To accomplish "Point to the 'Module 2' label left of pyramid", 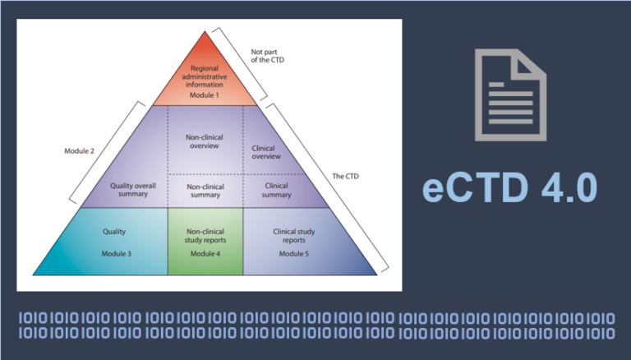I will click(80, 150).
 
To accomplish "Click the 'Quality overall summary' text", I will click(133, 190).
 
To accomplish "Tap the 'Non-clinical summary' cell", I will click(205, 190).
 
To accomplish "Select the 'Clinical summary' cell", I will click(276, 190).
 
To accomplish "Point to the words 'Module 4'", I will click(205, 253).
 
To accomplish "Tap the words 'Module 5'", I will click(293, 253).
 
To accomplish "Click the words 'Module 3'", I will click(116, 253).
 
